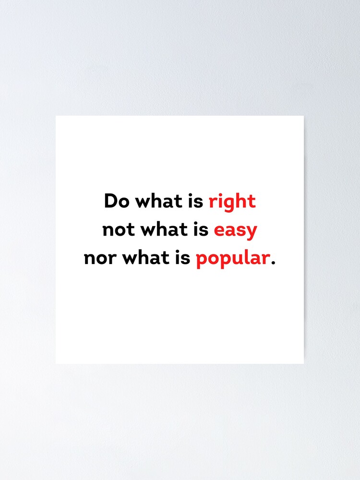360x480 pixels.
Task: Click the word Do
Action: coord(117,201)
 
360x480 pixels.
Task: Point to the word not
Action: coord(119,230)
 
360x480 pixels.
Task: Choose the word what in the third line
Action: coord(144,259)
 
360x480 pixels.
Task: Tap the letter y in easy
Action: coord(252,232)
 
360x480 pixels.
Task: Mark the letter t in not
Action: coord(131,230)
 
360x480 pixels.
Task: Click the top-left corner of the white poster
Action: coord(56,116)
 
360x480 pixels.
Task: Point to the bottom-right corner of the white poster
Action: coord(303,363)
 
